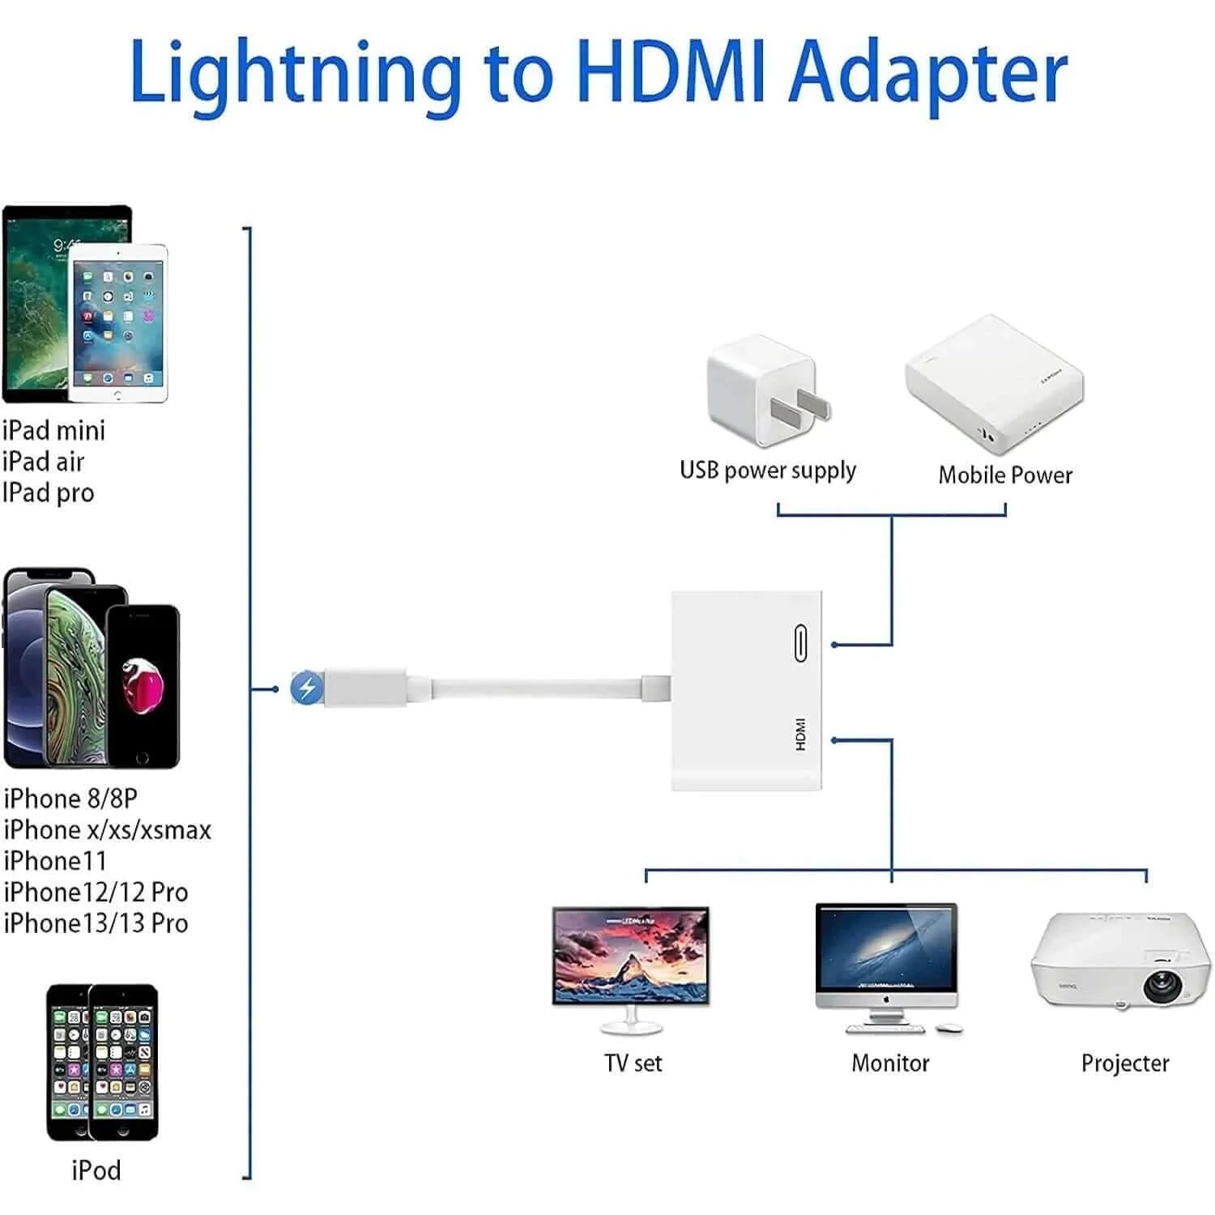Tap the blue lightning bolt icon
coord(307,688)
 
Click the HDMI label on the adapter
coord(800,734)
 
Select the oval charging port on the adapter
coord(800,644)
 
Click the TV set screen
coord(631,956)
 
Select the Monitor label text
coord(890,1063)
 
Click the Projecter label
coord(1125,1063)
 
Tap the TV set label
coord(633,1063)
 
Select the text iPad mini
coord(54,430)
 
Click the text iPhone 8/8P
coord(70,799)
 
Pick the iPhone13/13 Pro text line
coord(96,923)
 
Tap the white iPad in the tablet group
coord(118,324)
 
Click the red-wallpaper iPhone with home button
coord(143,684)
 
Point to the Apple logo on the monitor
coord(887,1000)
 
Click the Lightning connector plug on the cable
coord(364,688)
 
